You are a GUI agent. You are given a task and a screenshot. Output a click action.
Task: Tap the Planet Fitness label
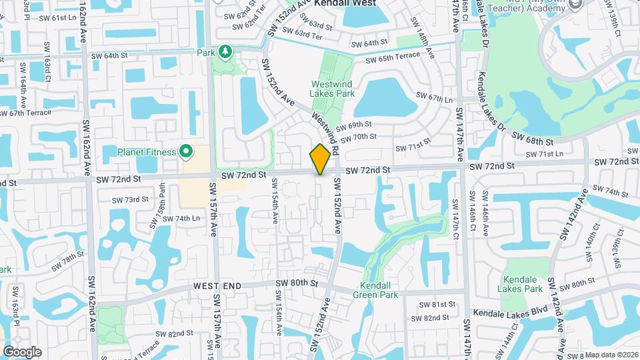tap(147, 152)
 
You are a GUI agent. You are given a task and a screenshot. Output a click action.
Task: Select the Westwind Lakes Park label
tap(333, 89)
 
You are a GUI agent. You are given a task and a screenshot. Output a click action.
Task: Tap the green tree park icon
tap(225, 51)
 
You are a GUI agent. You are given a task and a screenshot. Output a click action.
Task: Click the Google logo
tap(21, 352)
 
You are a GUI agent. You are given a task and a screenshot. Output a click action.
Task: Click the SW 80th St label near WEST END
tap(298, 283)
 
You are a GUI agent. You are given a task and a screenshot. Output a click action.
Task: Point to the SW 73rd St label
tap(130, 200)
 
